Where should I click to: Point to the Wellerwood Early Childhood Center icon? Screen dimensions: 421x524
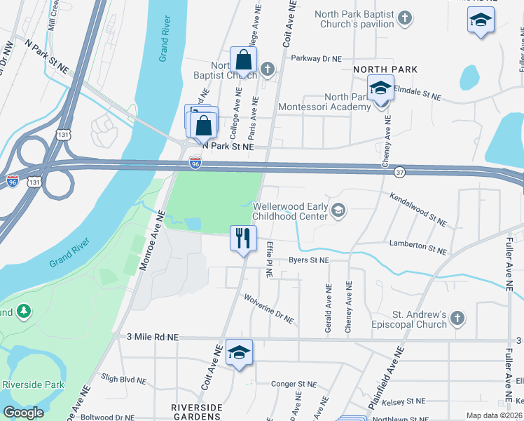[x=338, y=211]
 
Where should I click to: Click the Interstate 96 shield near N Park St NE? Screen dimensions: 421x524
[x=196, y=163]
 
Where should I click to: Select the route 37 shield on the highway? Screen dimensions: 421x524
[x=399, y=171]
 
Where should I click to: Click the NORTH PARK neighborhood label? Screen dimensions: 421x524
[x=385, y=69]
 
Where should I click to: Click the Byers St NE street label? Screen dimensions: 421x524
[x=308, y=260]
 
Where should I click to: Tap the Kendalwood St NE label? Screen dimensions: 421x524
[x=418, y=210]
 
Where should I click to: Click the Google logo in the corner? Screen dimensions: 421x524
[x=23, y=413]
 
